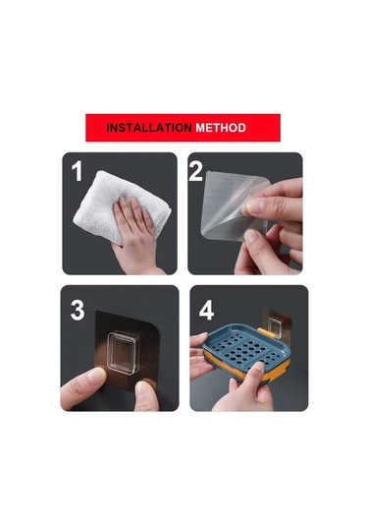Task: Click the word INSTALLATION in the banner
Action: coord(149,128)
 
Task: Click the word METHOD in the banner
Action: coord(221,128)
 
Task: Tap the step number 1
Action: coord(77,171)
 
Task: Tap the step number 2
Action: coord(195,171)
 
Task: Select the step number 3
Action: coord(78,311)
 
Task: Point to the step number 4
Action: coord(206,311)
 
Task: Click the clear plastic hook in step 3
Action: coord(123,353)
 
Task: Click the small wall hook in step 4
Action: coord(275,327)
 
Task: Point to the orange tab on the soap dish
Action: coord(266,333)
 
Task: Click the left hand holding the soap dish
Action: coord(201,356)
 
